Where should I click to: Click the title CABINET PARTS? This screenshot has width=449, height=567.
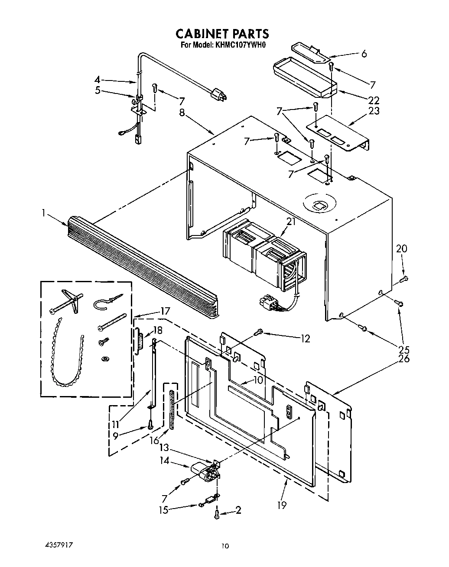click(x=222, y=34)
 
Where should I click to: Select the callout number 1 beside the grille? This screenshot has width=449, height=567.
click(x=44, y=213)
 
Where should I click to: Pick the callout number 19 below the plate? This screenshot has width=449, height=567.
click(x=282, y=504)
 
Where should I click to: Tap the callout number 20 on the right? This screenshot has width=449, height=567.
click(x=402, y=248)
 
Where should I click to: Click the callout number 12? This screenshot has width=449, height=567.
click(x=306, y=338)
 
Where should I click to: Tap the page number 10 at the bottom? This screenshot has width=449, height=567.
click(x=224, y=546)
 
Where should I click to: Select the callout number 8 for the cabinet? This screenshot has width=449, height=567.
click(x=182, y=113)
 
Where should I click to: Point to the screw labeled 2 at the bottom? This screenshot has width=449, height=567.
click(x=216, y=514)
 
